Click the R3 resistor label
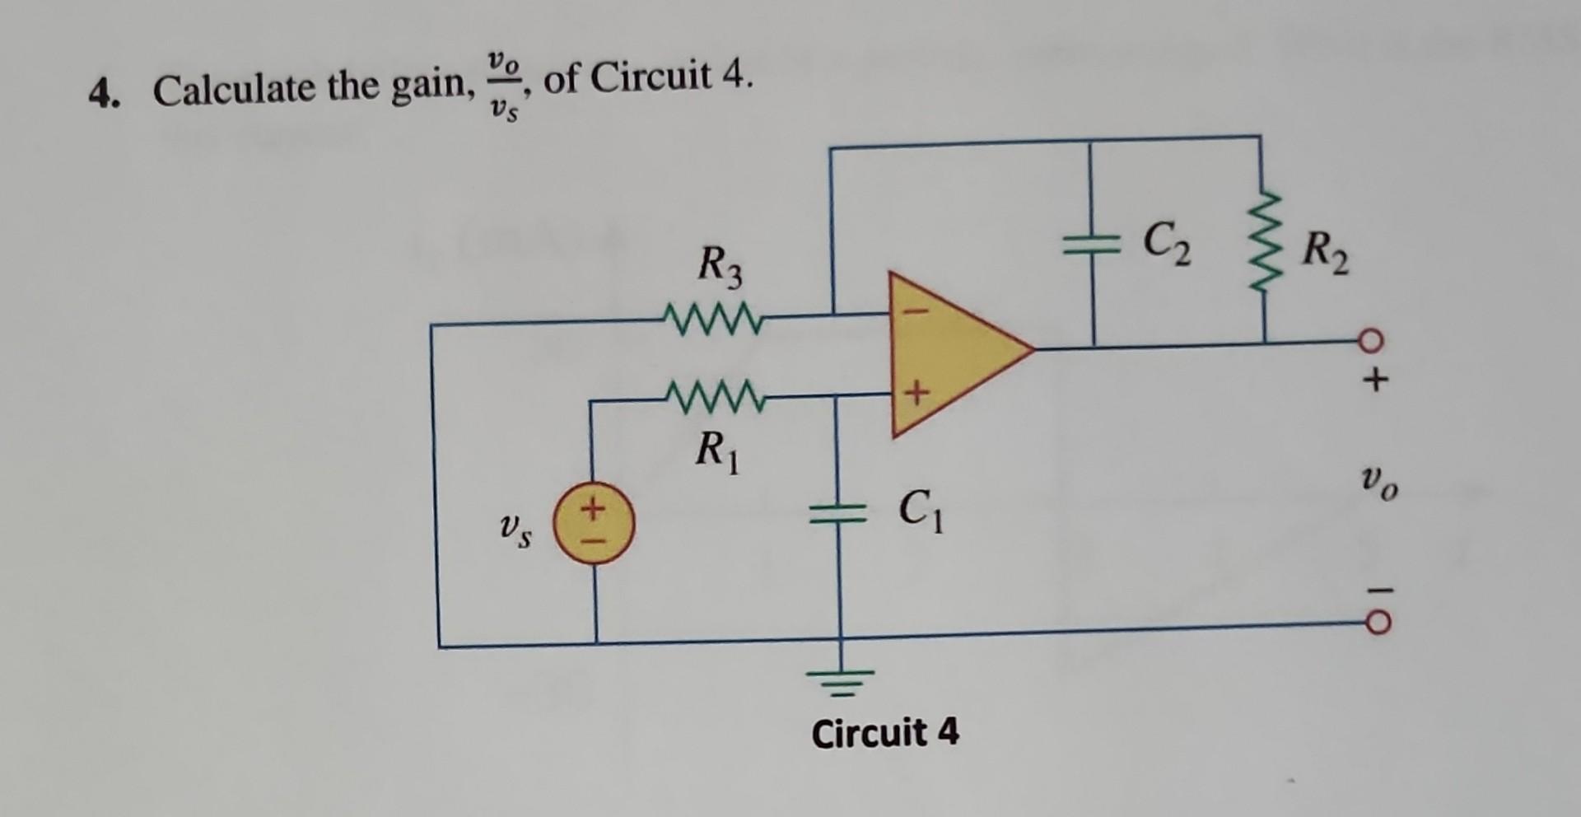tap(719, 267)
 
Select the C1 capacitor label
tap(921, 511)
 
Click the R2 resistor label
tap(1325, 255)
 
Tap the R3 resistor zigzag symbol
tap(713, 316)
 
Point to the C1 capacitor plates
tap(839, 516)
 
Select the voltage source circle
tap(593, 523)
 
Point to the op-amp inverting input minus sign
tap(920, 312)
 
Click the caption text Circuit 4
tap(885, 732)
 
